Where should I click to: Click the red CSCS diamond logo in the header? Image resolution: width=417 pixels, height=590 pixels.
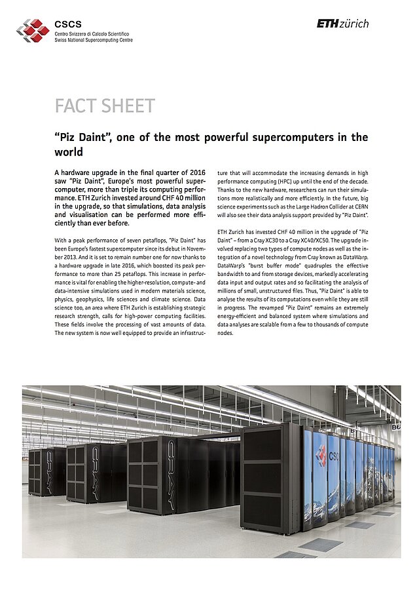coord(33,30)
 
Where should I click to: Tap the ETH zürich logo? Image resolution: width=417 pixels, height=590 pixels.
coord(342,24)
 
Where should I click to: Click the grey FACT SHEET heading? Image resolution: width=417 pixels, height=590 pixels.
coord(104,106)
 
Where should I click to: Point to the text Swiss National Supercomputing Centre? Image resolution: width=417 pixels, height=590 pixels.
coord(94,40)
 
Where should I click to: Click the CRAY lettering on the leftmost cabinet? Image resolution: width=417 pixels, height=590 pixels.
coord(49,471)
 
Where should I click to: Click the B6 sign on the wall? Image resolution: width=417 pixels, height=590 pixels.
coord(395,427)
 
